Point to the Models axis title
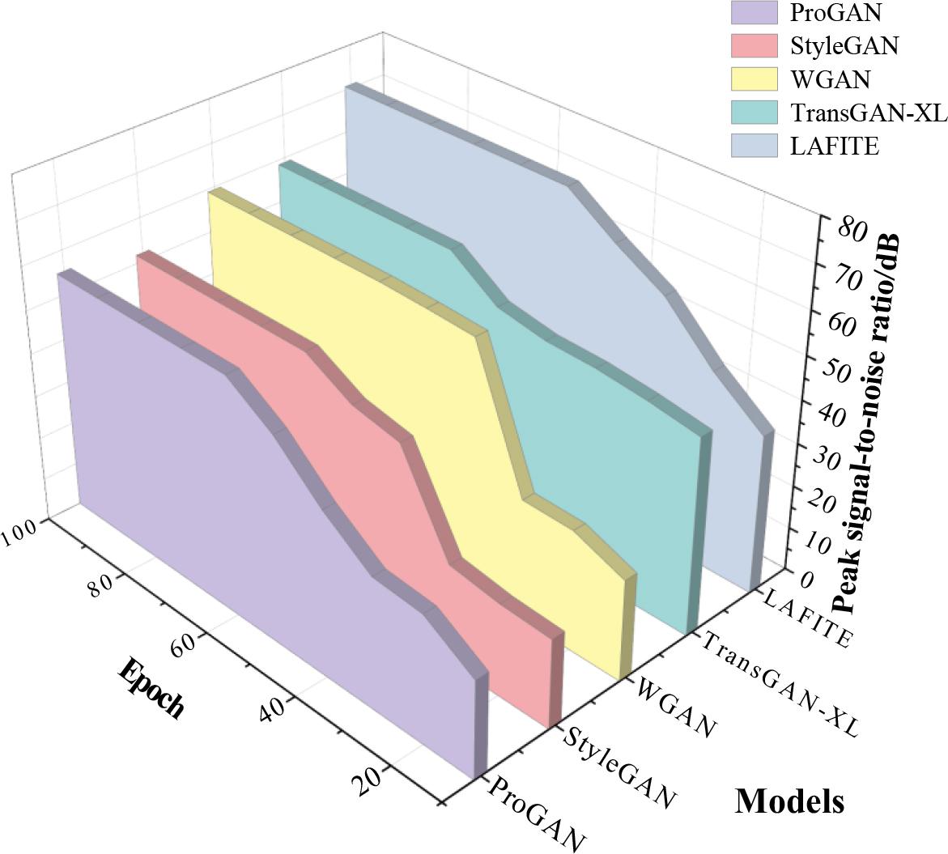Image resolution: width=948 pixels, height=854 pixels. [x=789, y=801]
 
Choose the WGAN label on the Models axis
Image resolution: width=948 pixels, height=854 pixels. [x=677, y=707]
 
